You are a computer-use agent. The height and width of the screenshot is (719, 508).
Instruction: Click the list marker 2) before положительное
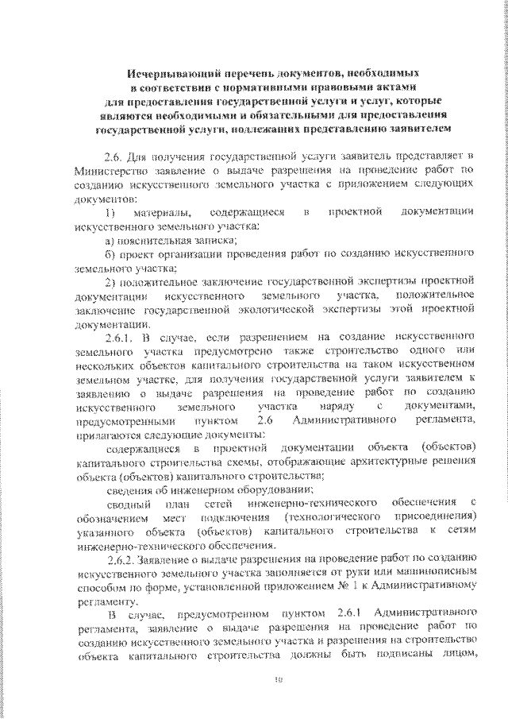click(111, 281)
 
